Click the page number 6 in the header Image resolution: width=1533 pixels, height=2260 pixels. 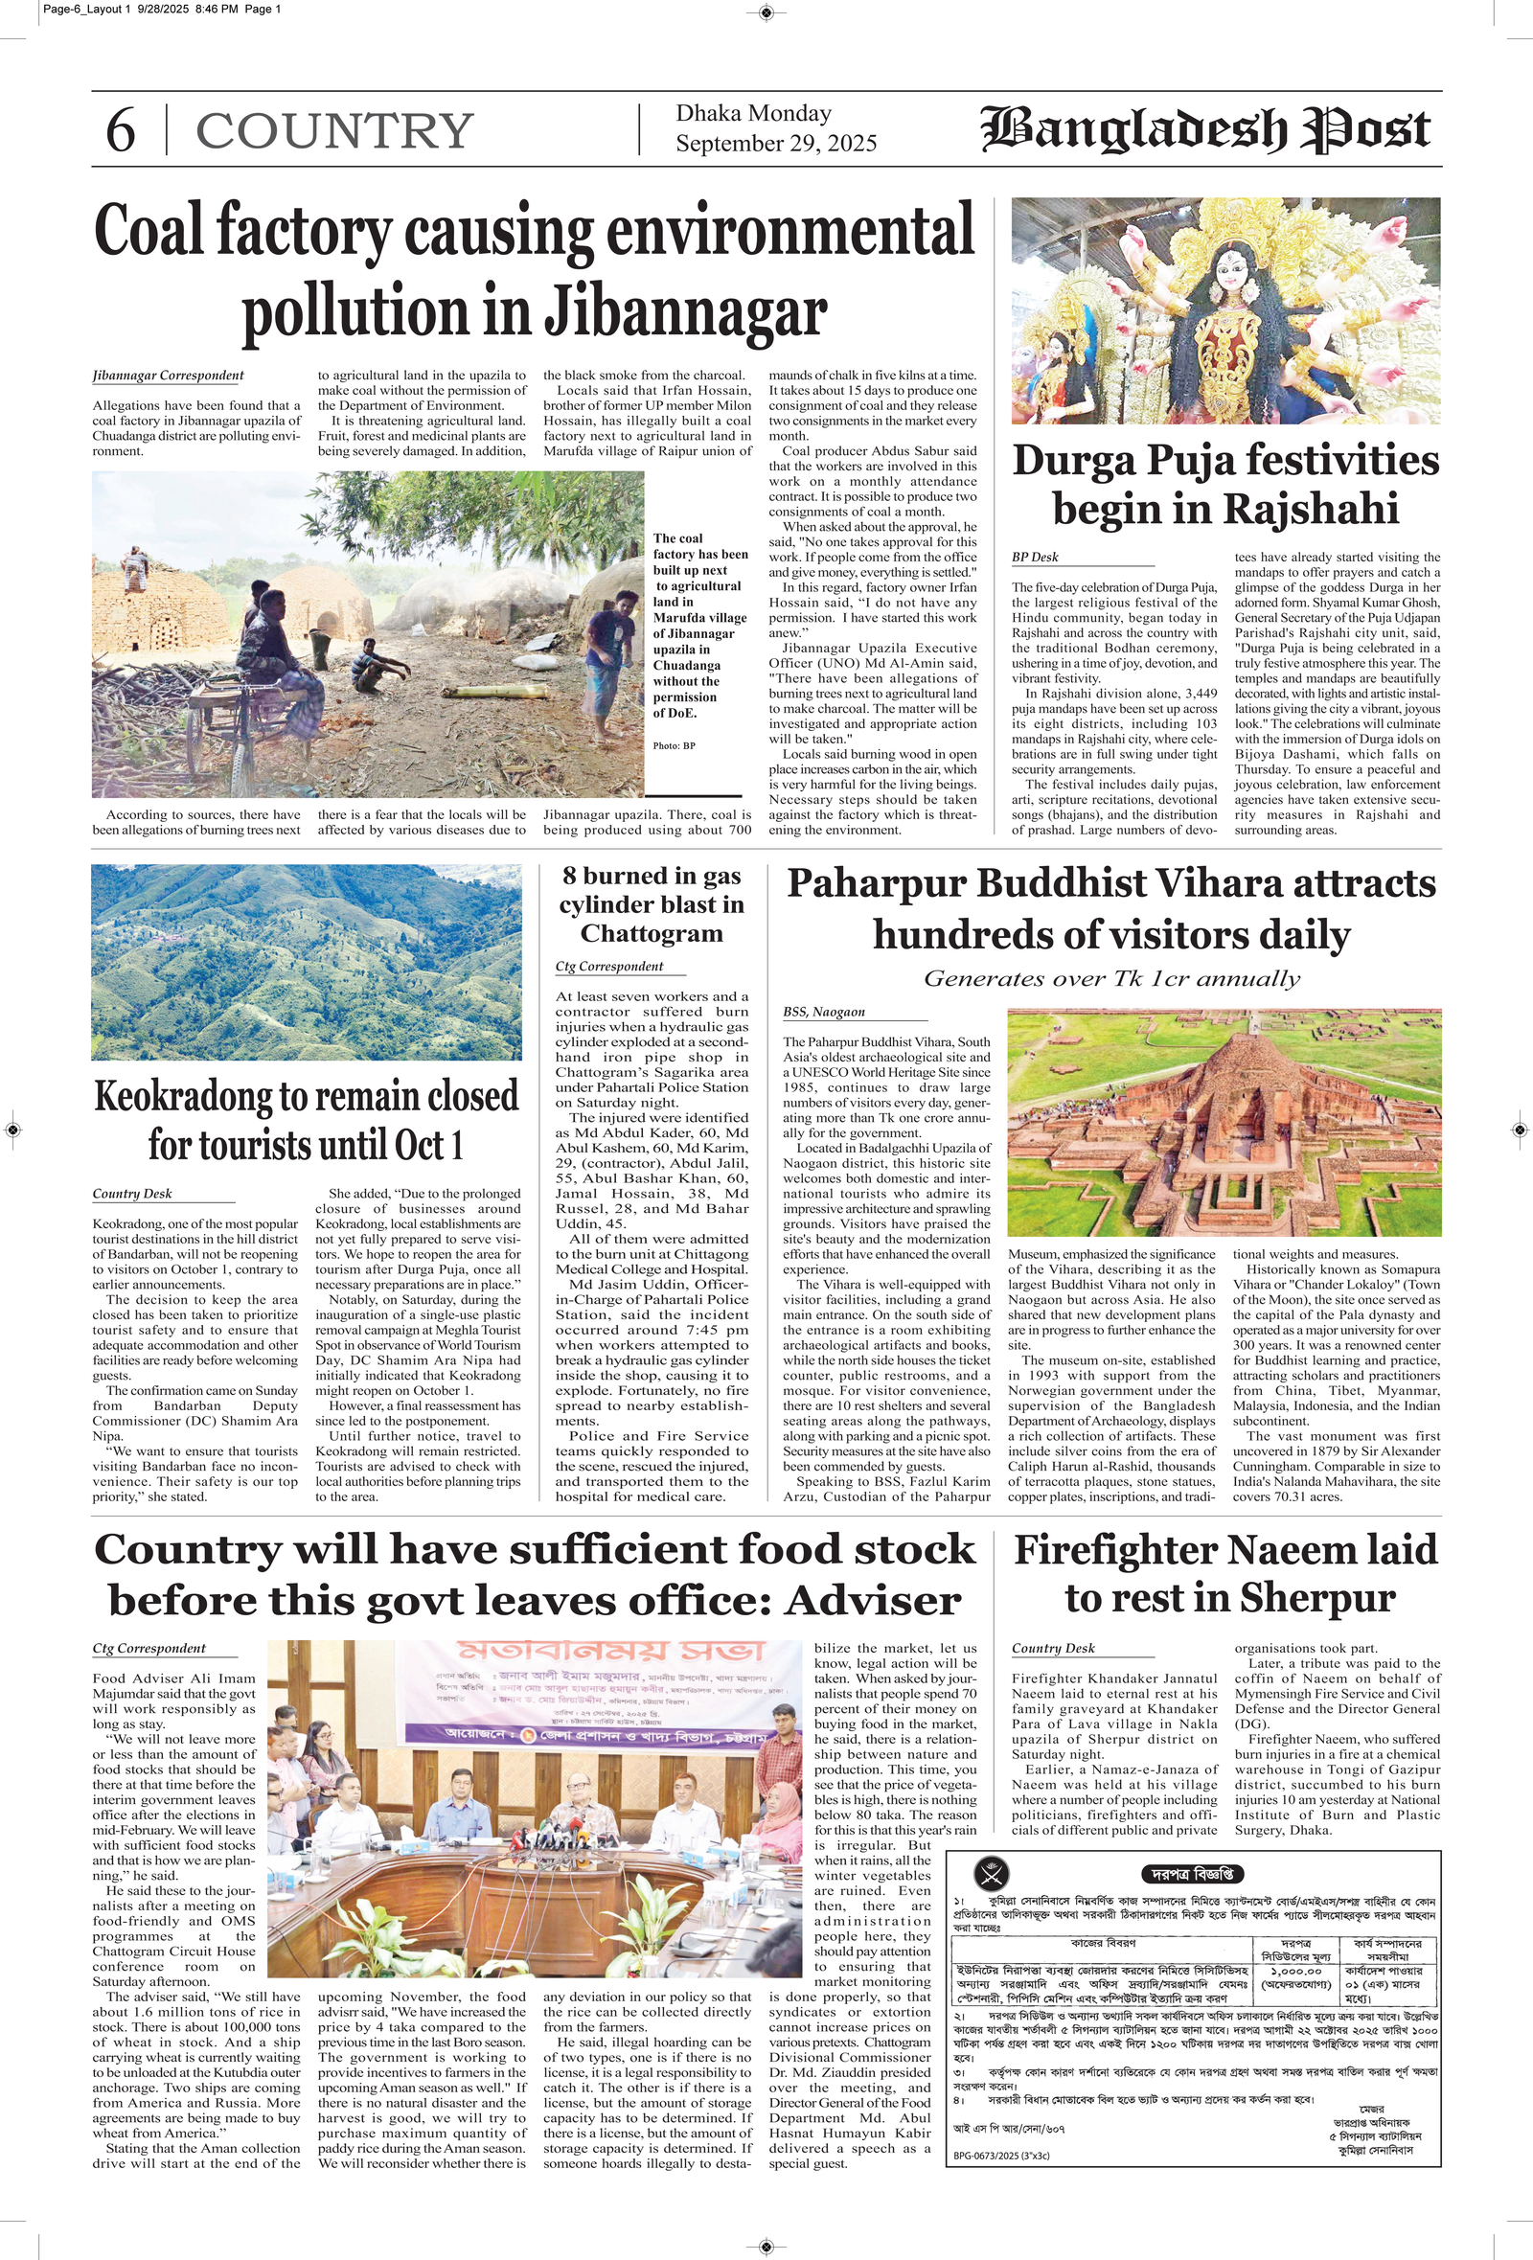pyautogui.click(x=120, y=131)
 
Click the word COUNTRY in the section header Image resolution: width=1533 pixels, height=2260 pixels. pyautogui.click(x=334, y=131)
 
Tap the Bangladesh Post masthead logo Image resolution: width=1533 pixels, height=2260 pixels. pyautogui.click(x=1205, y=130)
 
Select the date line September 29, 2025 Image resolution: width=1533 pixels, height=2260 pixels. pyautogui.click(x=776, y=144)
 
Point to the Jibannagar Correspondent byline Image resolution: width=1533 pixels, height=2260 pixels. pyautogui.click(x=169, y=376)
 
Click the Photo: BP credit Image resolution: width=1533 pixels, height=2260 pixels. pyautogui.click(x=675, y=746)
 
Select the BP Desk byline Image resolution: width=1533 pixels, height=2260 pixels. pyautogui.click(x=1035, y=558)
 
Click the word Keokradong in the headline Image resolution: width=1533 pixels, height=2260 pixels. pyautogui.click(x=184, y=1097)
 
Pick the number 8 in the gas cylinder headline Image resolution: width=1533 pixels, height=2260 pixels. pyautogui.click(x=570, y=877)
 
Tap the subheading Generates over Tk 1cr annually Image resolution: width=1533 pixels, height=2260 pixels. pyautogui.click(x=1110, y=978)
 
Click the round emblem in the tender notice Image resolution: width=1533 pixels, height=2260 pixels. pyautogui.click(x=992, y=1873)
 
